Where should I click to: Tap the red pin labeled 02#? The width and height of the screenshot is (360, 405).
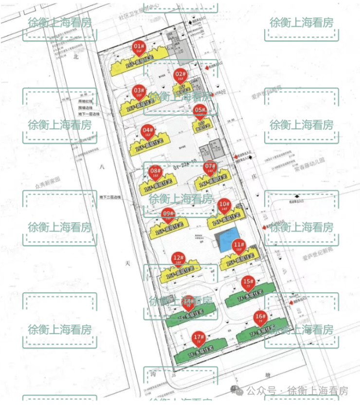pos(180,75)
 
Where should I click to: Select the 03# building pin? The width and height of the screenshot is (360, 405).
pos(139,91)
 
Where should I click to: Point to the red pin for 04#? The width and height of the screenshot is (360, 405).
pos(147,131)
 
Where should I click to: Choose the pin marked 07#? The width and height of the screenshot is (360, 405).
pos(210,168)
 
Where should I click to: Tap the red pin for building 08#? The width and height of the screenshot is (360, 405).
pos(155,172)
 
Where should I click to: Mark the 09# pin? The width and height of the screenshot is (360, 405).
pos(168,214)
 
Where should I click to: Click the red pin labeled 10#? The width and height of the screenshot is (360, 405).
pos(224,205)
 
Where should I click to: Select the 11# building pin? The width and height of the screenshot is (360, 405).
pos(238,246)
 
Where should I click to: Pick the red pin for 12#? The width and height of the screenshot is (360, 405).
pos(178,259)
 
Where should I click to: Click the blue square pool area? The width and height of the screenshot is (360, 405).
pos(227,242)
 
